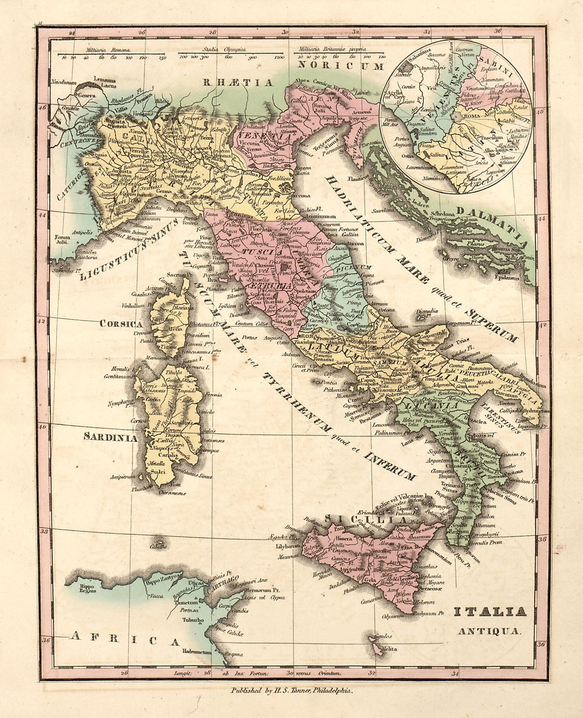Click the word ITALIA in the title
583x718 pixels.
pos(490,612)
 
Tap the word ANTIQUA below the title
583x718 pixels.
pos(490,631)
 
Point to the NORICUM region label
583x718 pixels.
pos(340,66)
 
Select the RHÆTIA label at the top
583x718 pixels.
pos(238,82)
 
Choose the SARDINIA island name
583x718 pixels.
pos(110,438)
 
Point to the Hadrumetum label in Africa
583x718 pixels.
pos(198,651)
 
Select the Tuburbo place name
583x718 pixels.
pos(193,619)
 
